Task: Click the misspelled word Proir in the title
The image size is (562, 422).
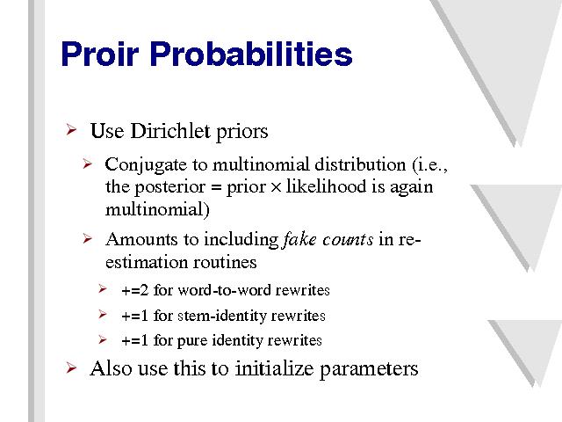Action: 99,54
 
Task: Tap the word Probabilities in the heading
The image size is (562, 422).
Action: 251,54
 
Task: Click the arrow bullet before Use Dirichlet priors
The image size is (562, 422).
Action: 71,129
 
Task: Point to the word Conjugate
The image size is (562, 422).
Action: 146,166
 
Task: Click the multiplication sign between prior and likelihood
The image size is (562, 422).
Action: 276,187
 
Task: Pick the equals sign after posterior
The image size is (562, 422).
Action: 216,187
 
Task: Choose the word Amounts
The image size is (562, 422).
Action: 141,239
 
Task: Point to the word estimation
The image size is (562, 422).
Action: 147,262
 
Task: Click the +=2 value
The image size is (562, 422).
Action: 134,290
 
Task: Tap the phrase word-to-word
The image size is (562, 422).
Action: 224,290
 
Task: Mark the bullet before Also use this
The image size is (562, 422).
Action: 71,367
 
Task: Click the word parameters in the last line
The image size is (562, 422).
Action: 369,369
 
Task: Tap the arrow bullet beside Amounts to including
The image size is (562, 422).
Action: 87,238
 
